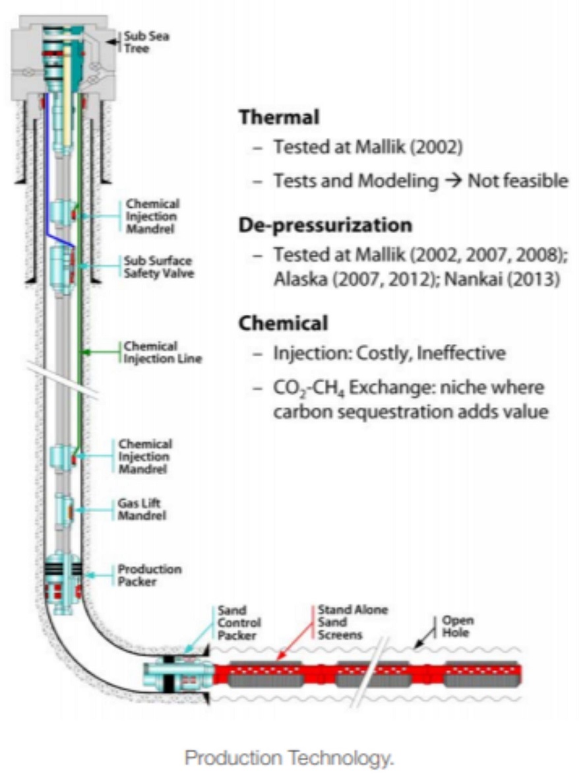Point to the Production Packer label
[x=149, y=575]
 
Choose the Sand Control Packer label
[x=239, y=623]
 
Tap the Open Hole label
[x=458, y=626]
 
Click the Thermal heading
[x=279, y=117]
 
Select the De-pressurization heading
[x=325, y=224]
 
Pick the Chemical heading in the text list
[x=283, y=323]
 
